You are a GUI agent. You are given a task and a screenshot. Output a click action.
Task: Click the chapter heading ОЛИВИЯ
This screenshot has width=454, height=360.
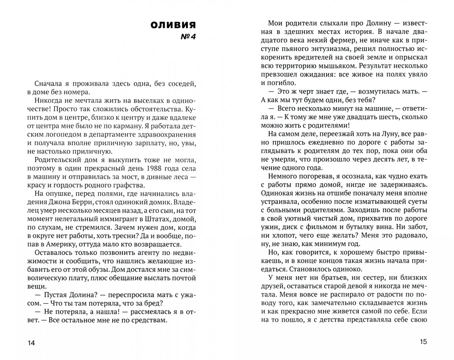pos(173,25)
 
